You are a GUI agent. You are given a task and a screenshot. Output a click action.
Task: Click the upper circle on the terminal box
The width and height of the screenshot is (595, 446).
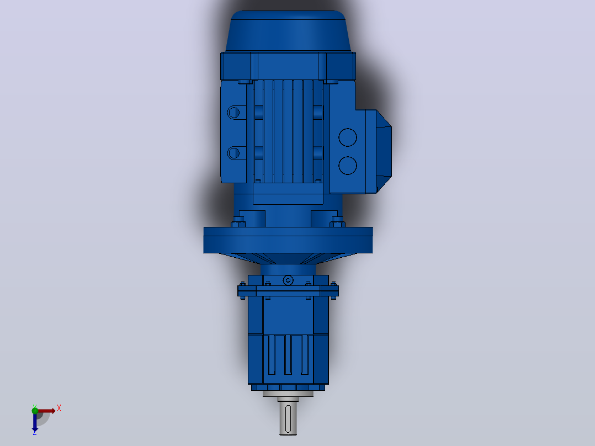click(x=348, y=137)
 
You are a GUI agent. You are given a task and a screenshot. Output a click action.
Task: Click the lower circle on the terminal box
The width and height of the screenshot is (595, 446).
click(x=348, y=166)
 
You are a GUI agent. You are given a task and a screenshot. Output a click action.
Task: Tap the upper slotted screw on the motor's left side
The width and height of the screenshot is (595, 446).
click(x=233, y=113)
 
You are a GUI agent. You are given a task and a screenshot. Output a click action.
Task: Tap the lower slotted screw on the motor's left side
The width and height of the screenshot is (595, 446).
click(x=233, y=153)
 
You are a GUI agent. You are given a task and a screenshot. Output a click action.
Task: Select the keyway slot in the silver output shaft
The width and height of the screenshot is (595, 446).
click(x=288, y=418)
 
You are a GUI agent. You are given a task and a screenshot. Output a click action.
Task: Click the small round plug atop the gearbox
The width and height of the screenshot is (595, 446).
click(x=288, y=280)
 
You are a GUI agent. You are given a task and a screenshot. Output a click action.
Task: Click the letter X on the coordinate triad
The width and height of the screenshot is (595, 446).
click(x=59, y=408)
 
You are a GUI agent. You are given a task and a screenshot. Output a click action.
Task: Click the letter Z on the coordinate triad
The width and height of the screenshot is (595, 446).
click(x=35, y=433)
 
